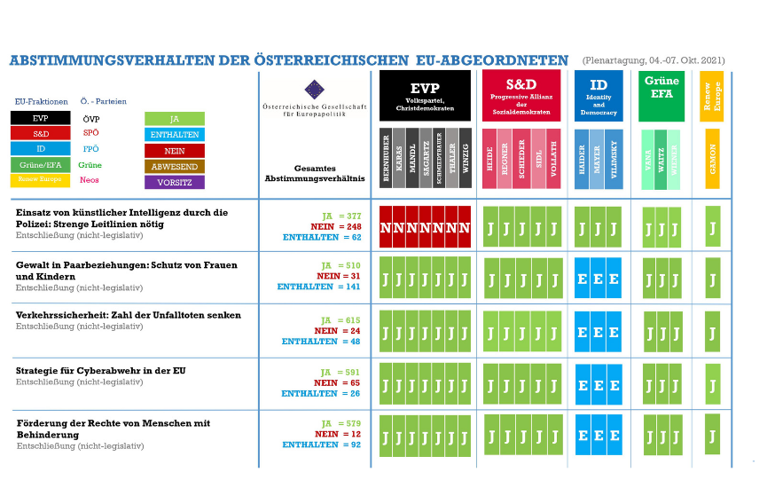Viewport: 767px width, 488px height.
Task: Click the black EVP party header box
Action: click(x=426, y=96)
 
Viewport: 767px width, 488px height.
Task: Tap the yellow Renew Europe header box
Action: click(x=712, y=91)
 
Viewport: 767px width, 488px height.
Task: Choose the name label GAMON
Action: click(x=712, y=158)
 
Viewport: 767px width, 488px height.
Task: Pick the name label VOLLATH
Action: click(x=553, y=158)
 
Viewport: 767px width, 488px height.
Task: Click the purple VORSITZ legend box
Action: click(x=175, y=182)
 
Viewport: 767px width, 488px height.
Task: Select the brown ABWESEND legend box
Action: click(x=175, y=166)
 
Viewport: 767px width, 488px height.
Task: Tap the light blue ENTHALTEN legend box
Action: click(x=175, y=135)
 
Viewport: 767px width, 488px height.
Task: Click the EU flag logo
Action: click(x=315, y=90)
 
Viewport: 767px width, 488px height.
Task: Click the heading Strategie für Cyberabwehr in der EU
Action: click(x=101, y=370)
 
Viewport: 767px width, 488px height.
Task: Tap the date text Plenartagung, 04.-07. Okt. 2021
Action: click(x=654, y=59)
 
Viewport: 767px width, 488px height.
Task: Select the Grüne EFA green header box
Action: click(x=661, y=96)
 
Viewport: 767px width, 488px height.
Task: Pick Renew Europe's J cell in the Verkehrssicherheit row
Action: click(x=712, y=333)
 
